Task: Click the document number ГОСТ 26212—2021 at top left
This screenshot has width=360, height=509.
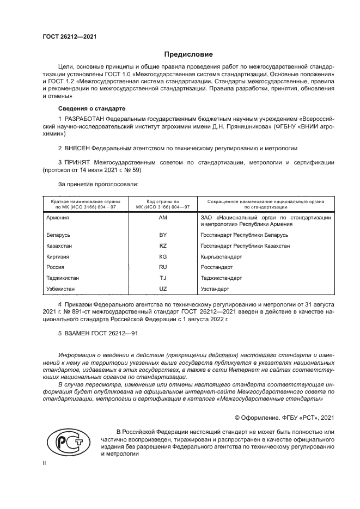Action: click(x=66, y=37)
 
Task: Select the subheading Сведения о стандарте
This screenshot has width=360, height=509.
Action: click(x=91, y=109)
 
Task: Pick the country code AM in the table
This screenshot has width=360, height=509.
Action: click(x=162, y=217)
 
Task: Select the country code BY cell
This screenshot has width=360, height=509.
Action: click(x=162, y=235)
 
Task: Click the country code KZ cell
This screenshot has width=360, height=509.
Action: click(x=162, y=246)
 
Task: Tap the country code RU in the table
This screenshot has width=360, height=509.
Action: click(x=162, y=267)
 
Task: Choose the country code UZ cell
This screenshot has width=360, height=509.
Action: click(x=162, y=289)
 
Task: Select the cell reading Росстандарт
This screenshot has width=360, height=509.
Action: click(x=217, y=267)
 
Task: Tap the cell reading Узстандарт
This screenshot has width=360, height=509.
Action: click(x=215, y=289)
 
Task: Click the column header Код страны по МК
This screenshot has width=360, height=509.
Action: click(x=162, y=204)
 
